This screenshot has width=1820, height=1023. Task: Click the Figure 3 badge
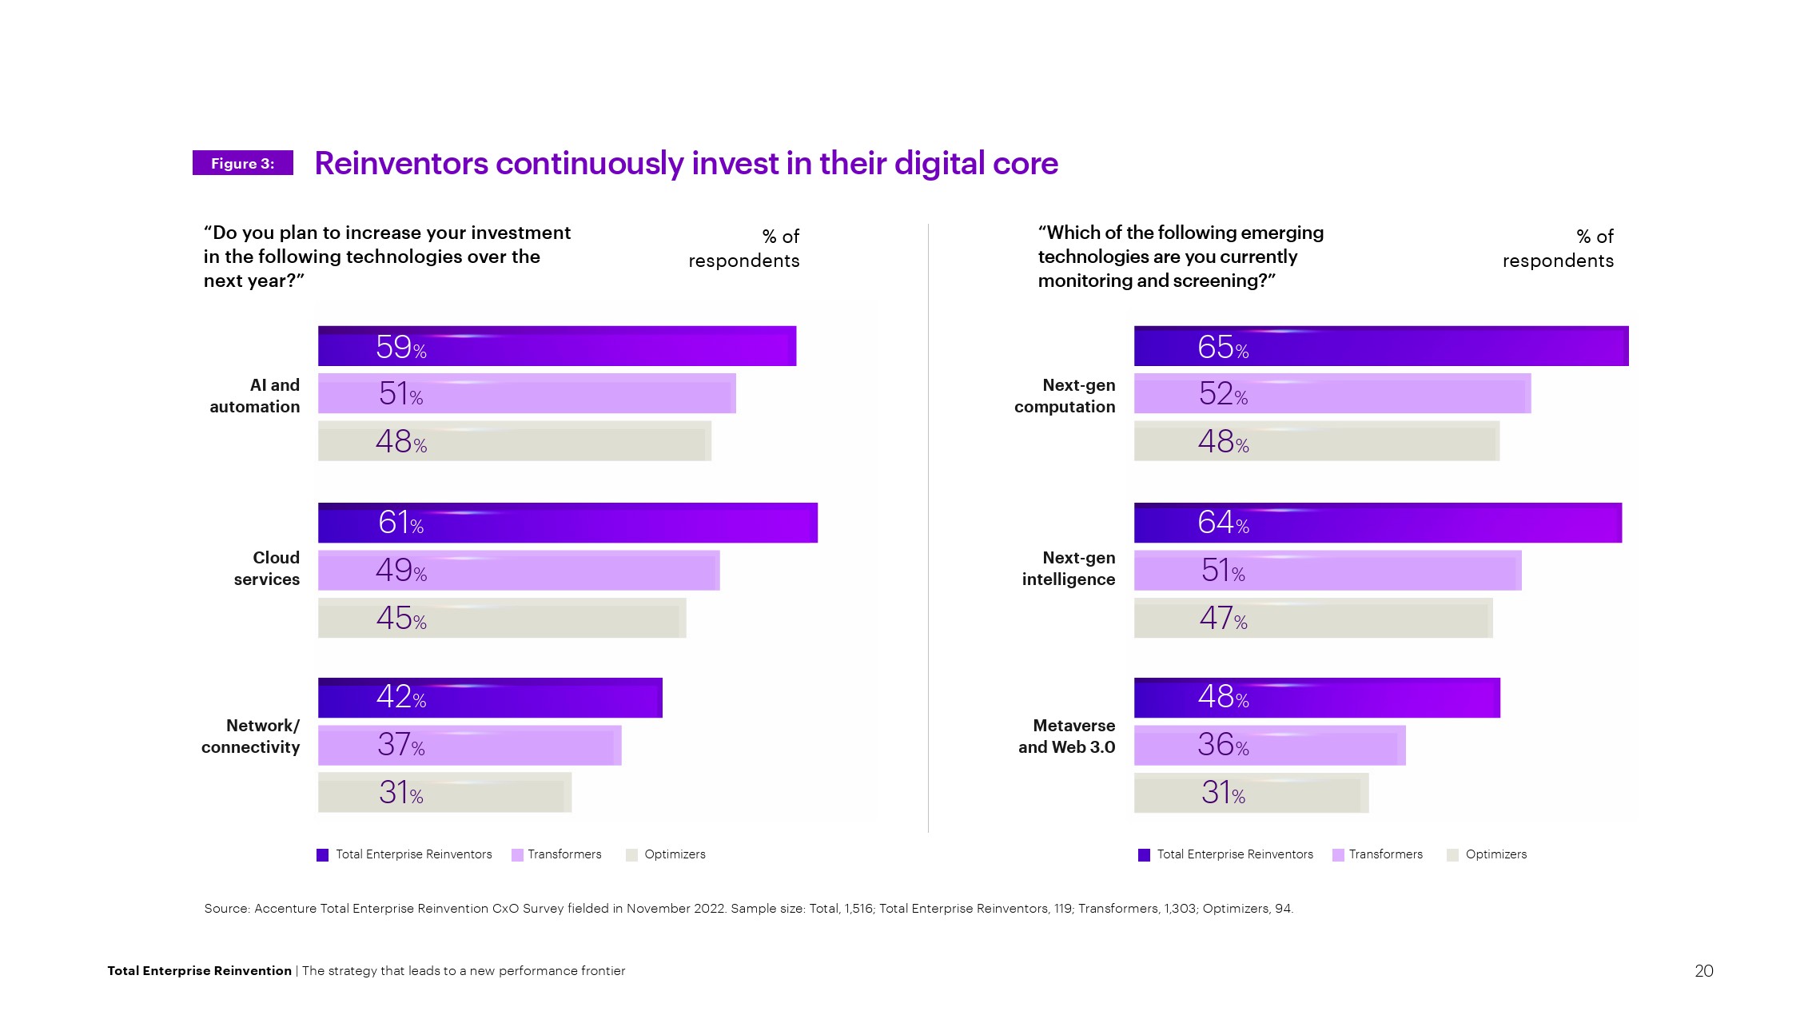coord(242,163)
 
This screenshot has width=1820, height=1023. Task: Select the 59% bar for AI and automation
coord(557,346)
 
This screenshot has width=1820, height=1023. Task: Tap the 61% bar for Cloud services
coord(568,523)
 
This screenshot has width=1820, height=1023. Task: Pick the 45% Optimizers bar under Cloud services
coord(502,618)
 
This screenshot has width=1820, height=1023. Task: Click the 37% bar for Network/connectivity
coord(469,745)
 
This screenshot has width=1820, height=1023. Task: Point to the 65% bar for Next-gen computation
coord(1380,346)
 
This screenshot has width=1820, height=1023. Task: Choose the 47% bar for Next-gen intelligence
coord(1312,618)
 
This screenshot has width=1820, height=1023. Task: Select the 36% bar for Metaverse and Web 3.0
coord(1269,745)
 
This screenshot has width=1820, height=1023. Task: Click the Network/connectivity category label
coord(251,736)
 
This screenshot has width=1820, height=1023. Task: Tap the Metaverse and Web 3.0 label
coord(1066,736)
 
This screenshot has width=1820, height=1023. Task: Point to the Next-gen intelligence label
coord(1068,568)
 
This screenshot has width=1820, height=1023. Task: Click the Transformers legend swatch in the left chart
coord(517,855)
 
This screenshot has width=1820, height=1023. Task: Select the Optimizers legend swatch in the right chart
coord(1452,855)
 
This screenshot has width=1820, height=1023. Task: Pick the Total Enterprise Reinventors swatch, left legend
coord(323,855)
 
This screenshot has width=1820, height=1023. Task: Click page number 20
coord(1703,970)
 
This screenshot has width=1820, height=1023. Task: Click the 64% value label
coord(1223,523)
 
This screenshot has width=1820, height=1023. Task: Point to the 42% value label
coord(401,697)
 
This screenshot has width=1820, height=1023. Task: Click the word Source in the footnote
coord(226,909)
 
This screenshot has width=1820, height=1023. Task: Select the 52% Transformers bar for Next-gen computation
coord(1332,393)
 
